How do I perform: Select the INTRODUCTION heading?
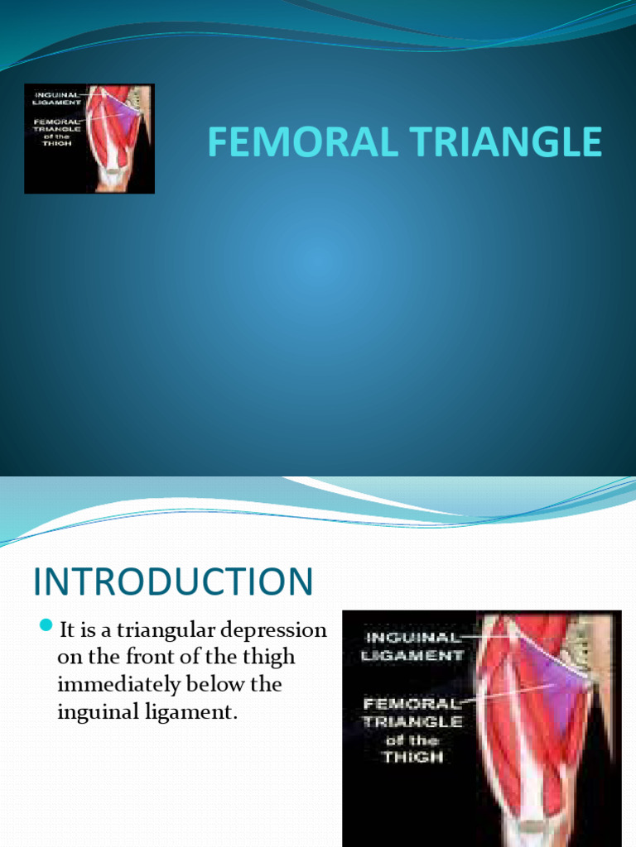[x=173, y=581]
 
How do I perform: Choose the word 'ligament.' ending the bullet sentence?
[x=198, y=712]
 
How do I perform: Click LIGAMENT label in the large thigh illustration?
[x=412, y=655]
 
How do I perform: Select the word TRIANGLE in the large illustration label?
[x=412, y=720]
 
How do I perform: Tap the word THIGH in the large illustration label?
[x=413, y=756]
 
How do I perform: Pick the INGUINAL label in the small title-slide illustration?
[x=55, y=94]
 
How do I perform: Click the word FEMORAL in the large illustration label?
[x=412, y=702]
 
